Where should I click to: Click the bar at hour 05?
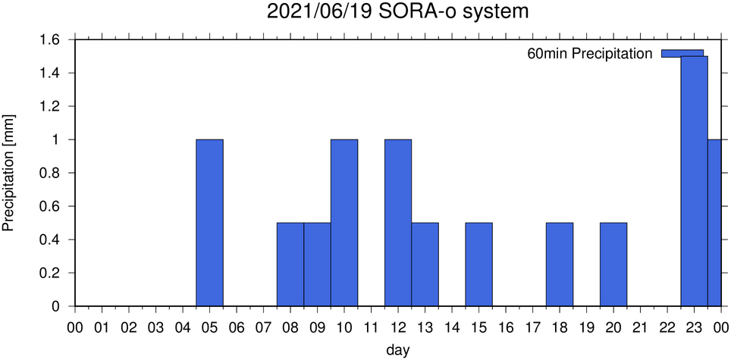point(209,223)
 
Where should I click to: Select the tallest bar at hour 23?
point(694,182)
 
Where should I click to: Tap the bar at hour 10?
point(344,223)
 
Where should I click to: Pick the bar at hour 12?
point(398,223)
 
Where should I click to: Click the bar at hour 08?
point(290,265)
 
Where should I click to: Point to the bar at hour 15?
point(478,265)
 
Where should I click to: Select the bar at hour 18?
point(560,265)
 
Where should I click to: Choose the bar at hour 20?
point(613,265)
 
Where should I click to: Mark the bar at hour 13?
point(425,265)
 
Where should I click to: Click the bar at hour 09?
point(317,265)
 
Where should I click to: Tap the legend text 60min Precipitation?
point(590,54)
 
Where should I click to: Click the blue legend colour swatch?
point(682,52)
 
